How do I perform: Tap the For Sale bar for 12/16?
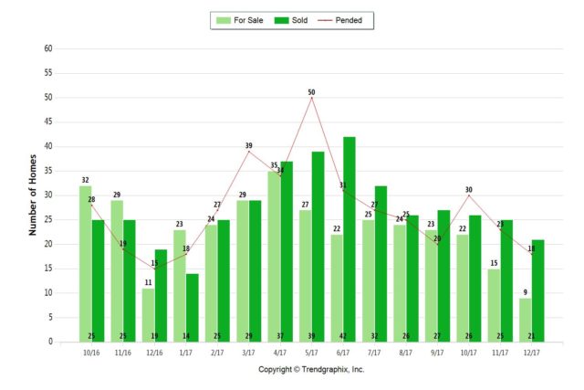(x=148, y=314)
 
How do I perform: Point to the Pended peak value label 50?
(x=311, y=92)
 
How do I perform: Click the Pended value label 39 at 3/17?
(x=248, y=146)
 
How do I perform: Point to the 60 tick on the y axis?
(x=47, y=48)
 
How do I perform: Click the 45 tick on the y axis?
(x=47, y=121)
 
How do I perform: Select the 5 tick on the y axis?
(x=49, y=317)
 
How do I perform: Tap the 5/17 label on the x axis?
(x=311, y=352)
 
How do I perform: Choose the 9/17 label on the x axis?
(x=438, y=352)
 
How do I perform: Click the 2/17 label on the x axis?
(x=217, y=352)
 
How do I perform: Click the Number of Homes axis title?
(x=33, y=195)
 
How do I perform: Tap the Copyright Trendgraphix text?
(x=311, y=369)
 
